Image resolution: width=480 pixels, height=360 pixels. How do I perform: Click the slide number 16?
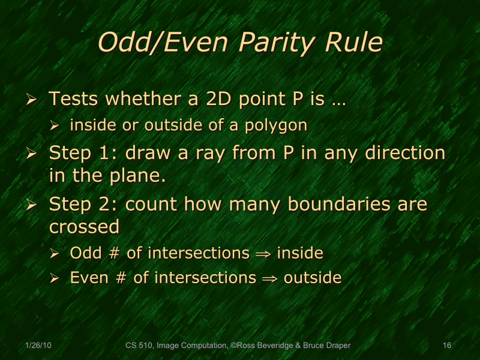pos(446,346)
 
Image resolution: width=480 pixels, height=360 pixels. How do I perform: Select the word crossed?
pos(83,227)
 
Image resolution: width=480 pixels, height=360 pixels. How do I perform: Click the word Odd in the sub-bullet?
pos(83,253)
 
